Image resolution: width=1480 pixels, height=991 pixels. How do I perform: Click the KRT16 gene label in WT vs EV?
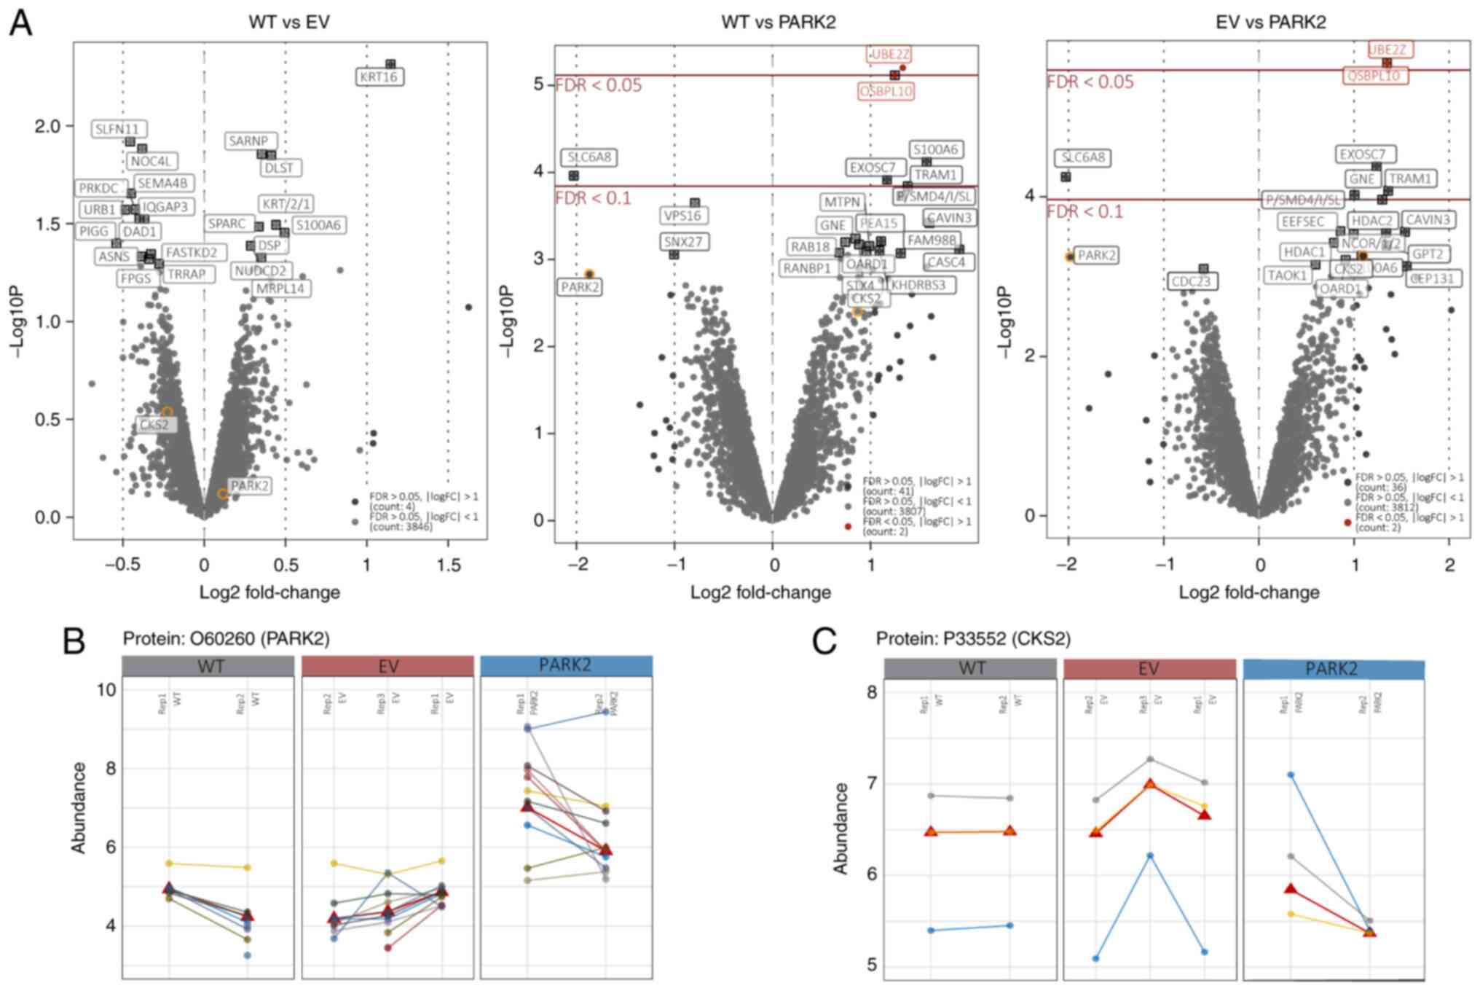[x=379, y=77]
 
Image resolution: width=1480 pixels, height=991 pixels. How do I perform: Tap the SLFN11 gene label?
[x=120, y=129]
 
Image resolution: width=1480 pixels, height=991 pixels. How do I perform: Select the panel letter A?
[x=20, y=23]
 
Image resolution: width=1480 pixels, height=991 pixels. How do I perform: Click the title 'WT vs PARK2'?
[x=778, y=22]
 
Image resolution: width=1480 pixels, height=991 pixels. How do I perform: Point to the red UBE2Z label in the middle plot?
[x=889, y=55]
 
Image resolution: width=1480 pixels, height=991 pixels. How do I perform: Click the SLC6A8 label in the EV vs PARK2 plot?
[x=1083, y=157]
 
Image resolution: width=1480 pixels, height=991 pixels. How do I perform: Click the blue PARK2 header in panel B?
[x=565, y=665]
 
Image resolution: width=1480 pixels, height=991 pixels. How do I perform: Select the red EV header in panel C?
[x=1149, y=669]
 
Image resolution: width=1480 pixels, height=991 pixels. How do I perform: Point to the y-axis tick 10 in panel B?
[x=106, y=689]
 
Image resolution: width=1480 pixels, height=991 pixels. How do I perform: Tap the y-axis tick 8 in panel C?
[x=871, y=692]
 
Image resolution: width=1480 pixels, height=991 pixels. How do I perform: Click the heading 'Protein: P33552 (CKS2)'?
[x=972, y=640]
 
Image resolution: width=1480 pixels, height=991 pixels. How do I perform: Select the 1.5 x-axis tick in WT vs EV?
[x=449, y=565]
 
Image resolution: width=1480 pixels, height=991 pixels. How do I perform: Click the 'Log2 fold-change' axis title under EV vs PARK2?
[x=1248, y=592]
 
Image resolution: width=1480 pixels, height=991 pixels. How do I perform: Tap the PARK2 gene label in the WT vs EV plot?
[x=249, y=486]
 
